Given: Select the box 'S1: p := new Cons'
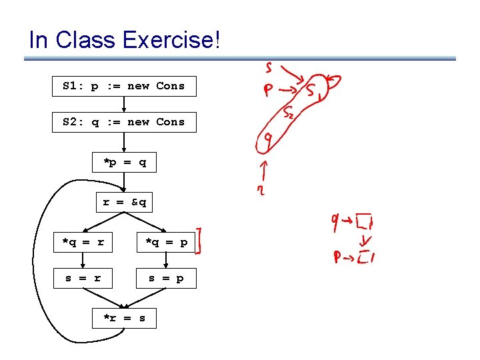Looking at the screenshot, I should pyautogui.click(x=124, y=86).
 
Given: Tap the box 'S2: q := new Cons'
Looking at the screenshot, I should pyautogui.click(x=124, y=122).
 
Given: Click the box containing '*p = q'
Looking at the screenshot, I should pyautogui.click(x=125, y=162).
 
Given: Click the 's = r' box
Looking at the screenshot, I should pyautogui.click(x=83, y=278).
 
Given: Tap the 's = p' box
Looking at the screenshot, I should pyautogui.click(x=166, y=278).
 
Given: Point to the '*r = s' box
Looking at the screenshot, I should pyautogui.click(x=125, y=318).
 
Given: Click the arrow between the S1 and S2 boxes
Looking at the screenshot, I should pyautogui.click(x=125, y=104).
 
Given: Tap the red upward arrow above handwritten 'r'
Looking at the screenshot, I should pyautogui.click(x=265, y=171).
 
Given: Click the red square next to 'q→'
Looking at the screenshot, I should pyautogui.click(x=364, y=221).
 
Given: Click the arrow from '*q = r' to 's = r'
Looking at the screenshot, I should pyautogui.click(x=83, y=260).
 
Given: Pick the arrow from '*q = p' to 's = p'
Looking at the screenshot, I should pyautogui.click(x=166, y=260).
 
